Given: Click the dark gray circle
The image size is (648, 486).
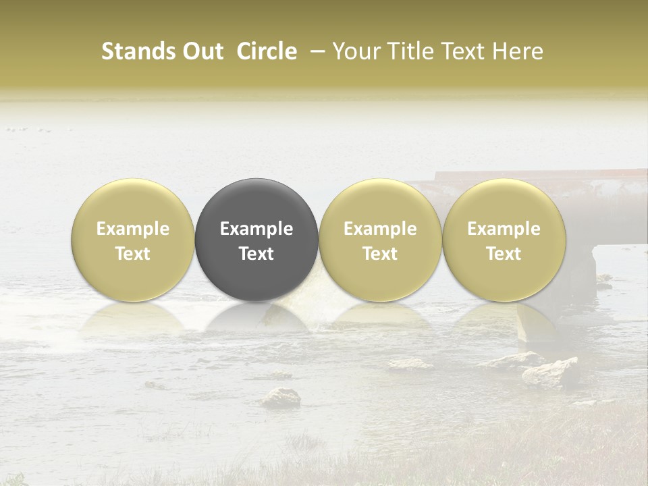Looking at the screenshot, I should pyautogui.click(x=256, y=202).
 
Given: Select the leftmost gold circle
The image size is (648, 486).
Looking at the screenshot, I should pyautogui.click(x=132, y=202).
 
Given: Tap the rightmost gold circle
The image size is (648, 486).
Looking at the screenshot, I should pyautogui.click(x=504, y=202).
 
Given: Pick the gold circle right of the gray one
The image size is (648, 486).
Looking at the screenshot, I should pyautogui.click(x=380, y=202).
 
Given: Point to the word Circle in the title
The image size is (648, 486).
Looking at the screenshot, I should pyautogui.click(x=267, y=51).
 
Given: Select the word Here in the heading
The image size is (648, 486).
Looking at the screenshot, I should pyautogui.click(x=520, y=51).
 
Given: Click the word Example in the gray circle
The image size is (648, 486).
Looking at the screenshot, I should pyautogui.click(x=256, y=229).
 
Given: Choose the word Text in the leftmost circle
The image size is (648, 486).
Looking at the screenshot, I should pyautogui.click(x=132, y=254).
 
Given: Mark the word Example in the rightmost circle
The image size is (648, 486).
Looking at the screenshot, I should pyautogui.click(x=504, y=229).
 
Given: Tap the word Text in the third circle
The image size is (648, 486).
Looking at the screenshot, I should pyautogui.click(x=380, y=254).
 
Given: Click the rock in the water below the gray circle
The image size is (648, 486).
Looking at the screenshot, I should pyautogui.click(x=281, y=398).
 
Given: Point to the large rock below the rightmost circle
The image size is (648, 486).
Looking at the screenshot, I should pyautogui.click(x=552, y=372).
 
